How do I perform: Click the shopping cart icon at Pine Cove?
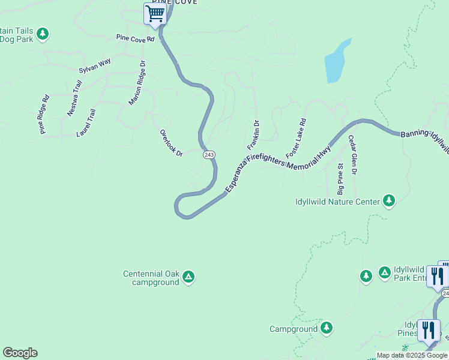coord(155,13)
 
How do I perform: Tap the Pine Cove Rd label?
coord(136,38)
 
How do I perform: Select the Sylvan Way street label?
coord(95,65)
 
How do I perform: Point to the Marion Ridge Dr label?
coord(137,83)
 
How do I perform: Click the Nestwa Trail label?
coord(74,98)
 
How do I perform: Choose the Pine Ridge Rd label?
coord(44,114)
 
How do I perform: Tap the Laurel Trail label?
coord(86,122)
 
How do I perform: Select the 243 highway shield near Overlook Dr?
coord(208,155)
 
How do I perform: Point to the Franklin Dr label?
coord(253,135)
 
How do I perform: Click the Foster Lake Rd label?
coord(296,138)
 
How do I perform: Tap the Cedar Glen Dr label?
coord(353,155)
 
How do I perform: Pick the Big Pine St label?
coord(340,179)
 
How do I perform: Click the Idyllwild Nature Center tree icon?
coord(389,200)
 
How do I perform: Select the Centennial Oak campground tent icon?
coord(188,277)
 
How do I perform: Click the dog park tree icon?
coord(43,34)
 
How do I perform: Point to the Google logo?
coord(20,353)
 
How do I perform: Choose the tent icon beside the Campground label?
coord(326,328)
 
